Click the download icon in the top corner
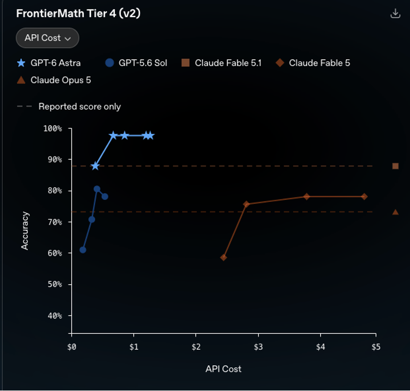[395, 13]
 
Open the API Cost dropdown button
[47, 38]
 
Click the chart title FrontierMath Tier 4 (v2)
[78, 13]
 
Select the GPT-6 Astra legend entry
[48, 63]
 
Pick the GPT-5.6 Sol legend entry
[136, 63]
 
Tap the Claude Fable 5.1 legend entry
[221, 63]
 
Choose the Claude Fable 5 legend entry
[313, 63]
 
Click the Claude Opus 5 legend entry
[54, 80]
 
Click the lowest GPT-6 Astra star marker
[95, 166]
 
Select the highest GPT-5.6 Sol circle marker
[97, 189]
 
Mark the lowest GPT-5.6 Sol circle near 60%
[82, 250]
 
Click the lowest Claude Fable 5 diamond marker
[224, 258]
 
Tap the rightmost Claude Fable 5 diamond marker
[364, 196]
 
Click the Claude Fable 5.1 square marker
[395, 166]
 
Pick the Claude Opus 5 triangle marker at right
[395, 212]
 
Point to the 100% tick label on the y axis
[53, 128]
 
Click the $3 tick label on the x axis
[258, 347]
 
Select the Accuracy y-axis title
[25, 231]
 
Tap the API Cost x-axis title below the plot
[223, 369]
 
